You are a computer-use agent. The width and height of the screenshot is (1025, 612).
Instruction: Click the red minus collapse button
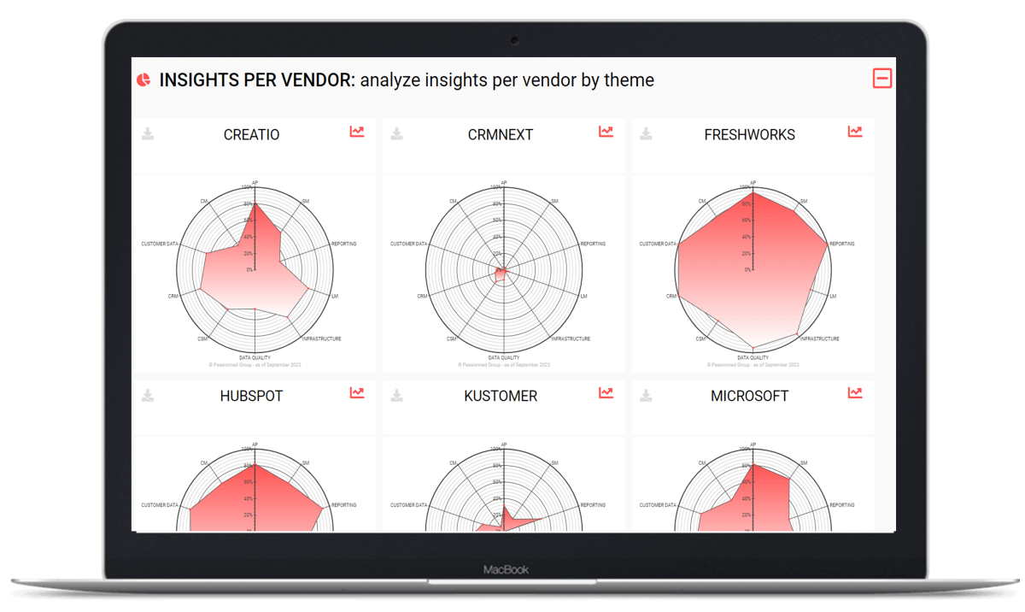(x=882, y=79)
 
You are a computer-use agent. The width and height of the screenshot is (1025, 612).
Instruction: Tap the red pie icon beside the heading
(x=143, y=79)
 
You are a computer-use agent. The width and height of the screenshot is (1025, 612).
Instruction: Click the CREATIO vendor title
(x=251, y=134)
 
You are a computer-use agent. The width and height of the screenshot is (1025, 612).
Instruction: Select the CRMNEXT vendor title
(x=501, y=134)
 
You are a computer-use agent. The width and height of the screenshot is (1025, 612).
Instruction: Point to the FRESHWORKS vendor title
(x=749, y=134)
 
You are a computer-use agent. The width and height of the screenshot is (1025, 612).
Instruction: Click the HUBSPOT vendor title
(x=251, y=396)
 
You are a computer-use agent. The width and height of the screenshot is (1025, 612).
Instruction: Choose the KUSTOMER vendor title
(x=501, y=396)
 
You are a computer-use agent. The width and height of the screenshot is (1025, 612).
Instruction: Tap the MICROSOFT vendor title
(x=749, y=396)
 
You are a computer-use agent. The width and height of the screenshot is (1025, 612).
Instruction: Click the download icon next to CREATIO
(x=148, y=133)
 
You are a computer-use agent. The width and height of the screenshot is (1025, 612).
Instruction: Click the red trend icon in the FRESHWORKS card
(x=855, y=132)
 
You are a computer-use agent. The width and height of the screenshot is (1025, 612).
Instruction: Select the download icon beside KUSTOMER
(x=397, y=395)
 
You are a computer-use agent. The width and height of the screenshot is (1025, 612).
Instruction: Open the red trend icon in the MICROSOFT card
(x=855, y=393)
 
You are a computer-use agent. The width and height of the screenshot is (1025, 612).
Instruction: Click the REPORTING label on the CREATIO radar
(x=343, y=244)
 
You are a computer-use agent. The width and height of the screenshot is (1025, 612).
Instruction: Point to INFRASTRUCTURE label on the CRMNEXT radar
(x=571, y=338)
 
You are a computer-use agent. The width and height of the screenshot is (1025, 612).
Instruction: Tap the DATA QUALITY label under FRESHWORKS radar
(x=753, y=357)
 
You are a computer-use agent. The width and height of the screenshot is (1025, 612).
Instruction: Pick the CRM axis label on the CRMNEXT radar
(x=422, y=296)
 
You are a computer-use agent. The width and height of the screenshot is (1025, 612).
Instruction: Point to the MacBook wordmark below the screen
(x=507, y=569)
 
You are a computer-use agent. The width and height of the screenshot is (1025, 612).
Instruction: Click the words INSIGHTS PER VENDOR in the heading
(x=255, y=80)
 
